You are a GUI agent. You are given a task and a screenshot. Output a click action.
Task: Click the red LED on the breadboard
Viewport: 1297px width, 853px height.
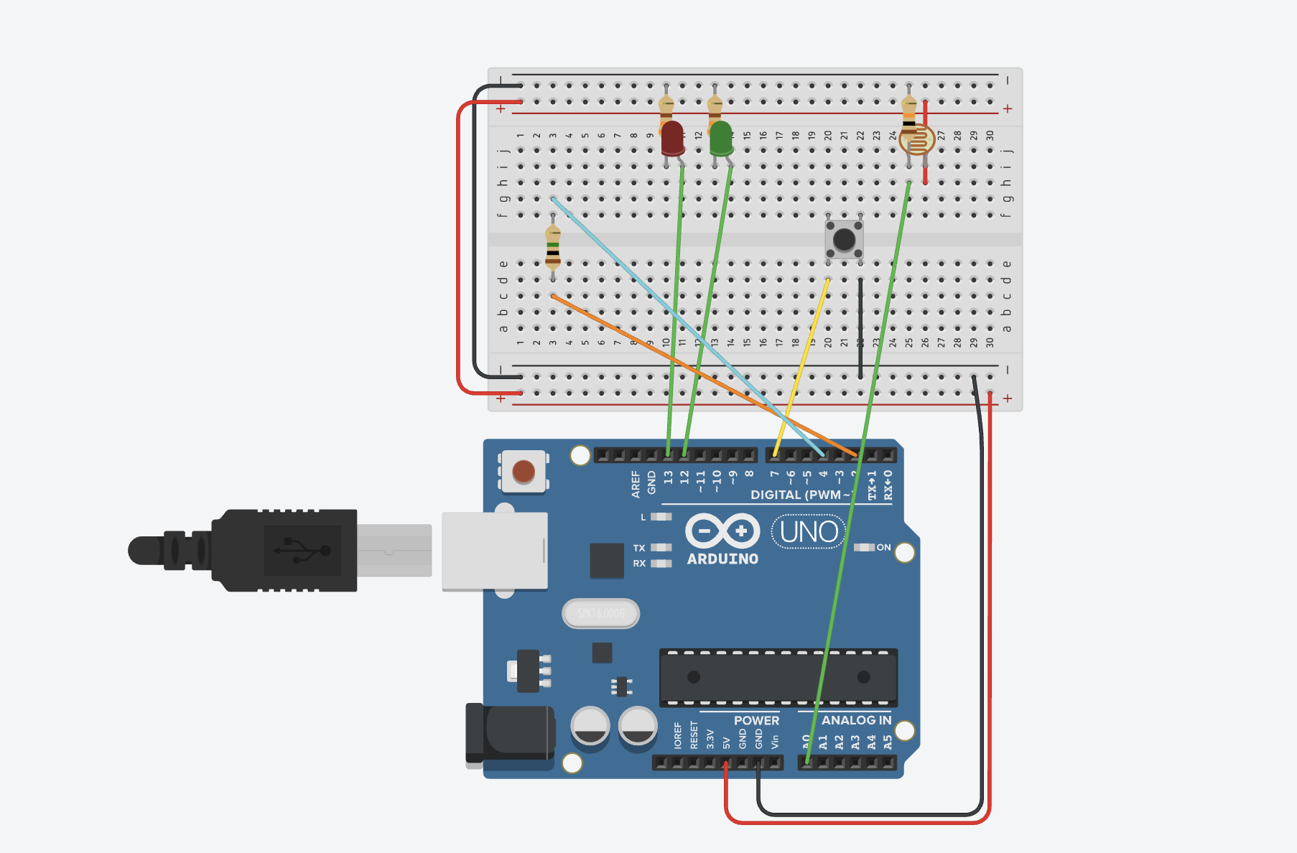click(672, 138)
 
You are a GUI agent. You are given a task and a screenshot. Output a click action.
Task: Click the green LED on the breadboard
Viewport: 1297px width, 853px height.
click(720, 138)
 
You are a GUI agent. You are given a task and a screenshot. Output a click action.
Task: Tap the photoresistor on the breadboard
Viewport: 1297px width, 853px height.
click(917, 140)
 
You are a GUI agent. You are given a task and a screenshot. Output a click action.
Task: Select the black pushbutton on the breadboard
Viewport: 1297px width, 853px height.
click(844, 239)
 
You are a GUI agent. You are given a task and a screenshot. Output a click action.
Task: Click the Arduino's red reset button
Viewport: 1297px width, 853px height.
click(524, 472)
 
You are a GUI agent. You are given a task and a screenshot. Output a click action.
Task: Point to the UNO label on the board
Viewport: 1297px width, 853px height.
click(809, 532)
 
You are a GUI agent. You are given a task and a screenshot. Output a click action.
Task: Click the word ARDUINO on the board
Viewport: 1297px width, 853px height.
click(722, 559)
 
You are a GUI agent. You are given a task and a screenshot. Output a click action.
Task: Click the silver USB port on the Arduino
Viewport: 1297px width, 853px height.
click(494, 551)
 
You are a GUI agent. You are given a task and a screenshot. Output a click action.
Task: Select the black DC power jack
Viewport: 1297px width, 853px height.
click(510, 732)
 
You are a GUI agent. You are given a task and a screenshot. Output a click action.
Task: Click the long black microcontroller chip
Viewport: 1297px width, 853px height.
click(778, 677)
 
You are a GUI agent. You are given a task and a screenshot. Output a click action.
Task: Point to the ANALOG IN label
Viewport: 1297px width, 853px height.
click(856, 720)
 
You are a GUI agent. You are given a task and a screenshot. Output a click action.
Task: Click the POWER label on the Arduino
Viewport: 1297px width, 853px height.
click(756, 720)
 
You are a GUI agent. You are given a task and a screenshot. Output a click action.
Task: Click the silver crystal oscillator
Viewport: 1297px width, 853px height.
click(600, 613)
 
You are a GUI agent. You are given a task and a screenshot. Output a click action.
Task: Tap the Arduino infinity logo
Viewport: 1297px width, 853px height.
click(722, 531)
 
